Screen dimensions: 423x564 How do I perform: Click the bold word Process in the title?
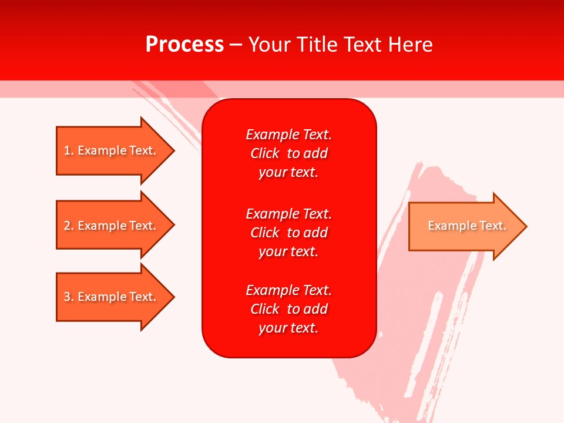click(x=184, y=45)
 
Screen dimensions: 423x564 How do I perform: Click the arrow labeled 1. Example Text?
click(x=112, y=150)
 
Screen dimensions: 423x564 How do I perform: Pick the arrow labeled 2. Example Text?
click(x=112, y=226)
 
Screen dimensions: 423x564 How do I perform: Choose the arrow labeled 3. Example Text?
click(x=112, y=297)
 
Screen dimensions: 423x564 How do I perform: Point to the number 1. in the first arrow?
click(x=68, y=150)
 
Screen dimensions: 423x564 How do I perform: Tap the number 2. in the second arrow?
click(x=68, y=226)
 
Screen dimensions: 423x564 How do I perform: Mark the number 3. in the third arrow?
click(x=68, y=297)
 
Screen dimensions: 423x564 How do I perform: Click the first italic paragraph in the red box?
click(x=288, y=153)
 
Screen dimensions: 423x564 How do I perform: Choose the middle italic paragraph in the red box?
click(x=288, y=233)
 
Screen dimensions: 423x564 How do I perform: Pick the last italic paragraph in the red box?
click(x=288, y=309)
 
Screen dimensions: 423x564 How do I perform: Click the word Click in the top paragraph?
click(x=264, y=153)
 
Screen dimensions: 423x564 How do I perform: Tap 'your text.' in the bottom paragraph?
click(x=288, y=328)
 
